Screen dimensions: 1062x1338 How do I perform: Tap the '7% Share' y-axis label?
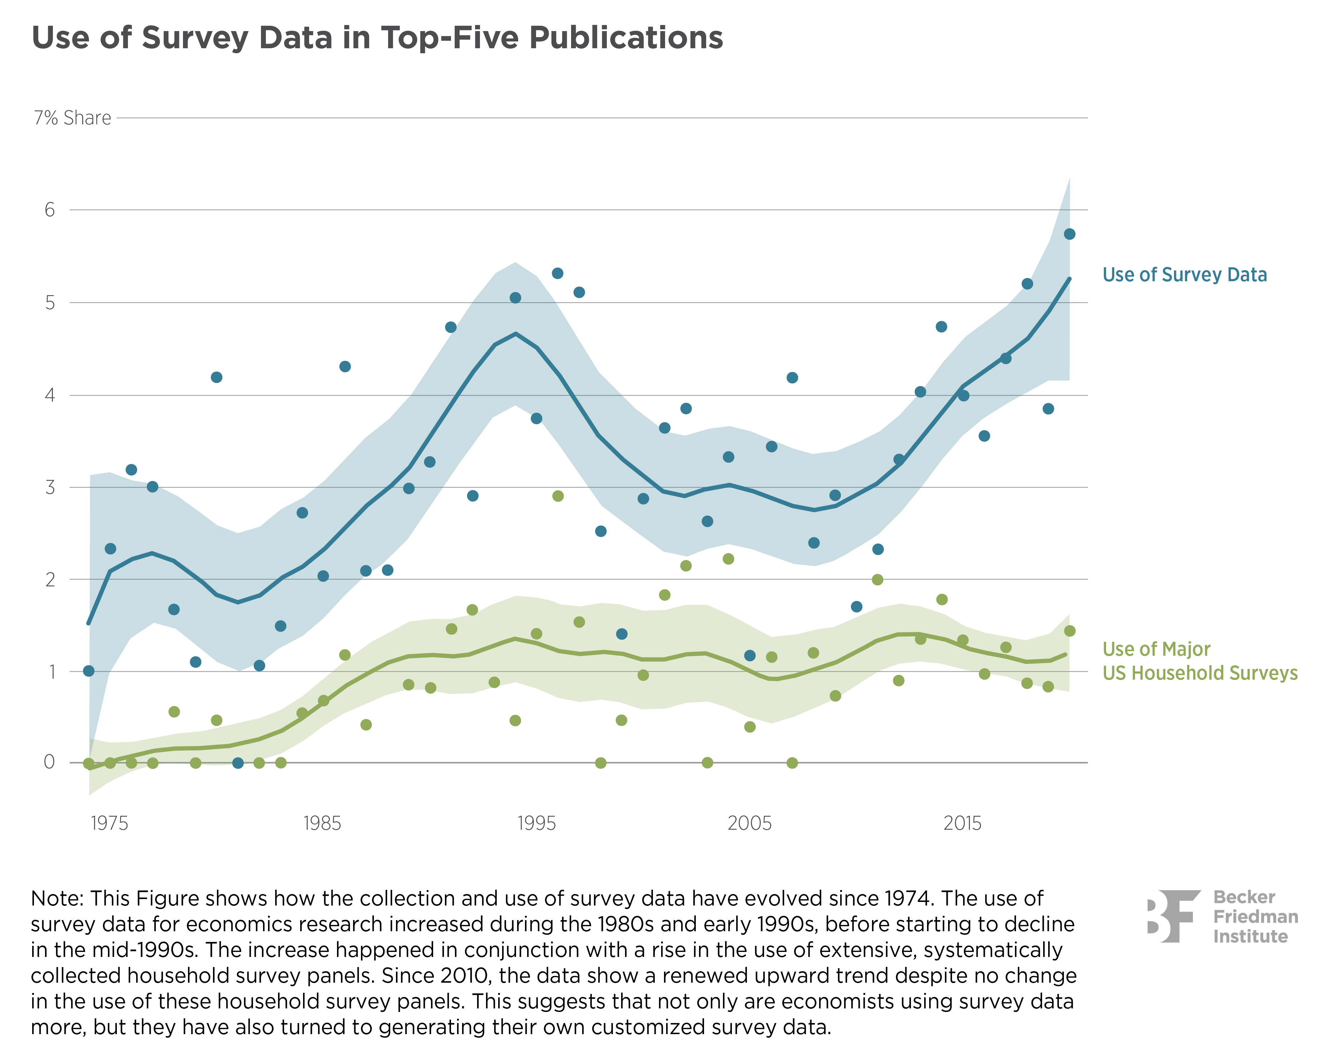73,118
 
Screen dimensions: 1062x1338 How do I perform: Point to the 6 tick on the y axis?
50,210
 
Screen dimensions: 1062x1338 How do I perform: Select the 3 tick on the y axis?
50,487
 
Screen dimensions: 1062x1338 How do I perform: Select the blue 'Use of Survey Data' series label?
1184,275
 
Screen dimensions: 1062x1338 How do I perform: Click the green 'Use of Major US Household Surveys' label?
1199,661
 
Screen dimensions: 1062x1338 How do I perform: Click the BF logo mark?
1173,916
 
